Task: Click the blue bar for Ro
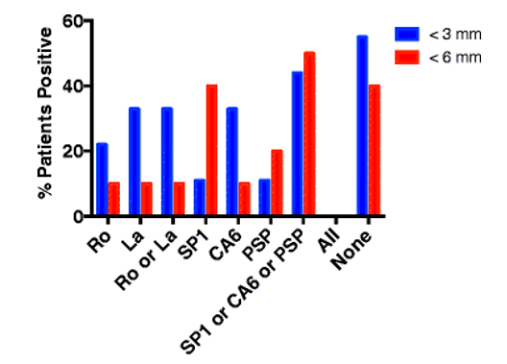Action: (102, 180)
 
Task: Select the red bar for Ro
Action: (113, 199)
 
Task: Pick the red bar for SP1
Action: (211, 151)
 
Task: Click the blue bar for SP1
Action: (199, 198)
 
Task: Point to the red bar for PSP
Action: (277, 182)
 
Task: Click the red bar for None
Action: (374, 151)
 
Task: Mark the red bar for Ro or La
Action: (179, 199)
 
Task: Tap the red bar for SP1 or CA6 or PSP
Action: (309, 133)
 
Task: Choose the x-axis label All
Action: (329, 235)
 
